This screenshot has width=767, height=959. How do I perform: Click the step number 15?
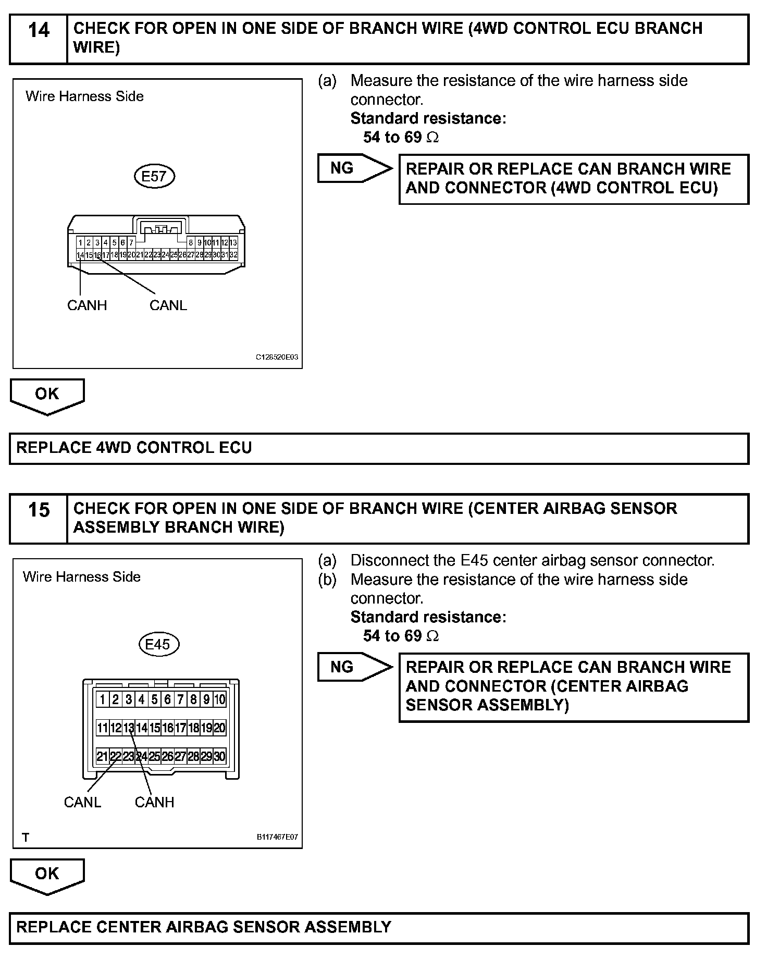pos(39,510)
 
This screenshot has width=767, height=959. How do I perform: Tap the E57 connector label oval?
pos(154,176)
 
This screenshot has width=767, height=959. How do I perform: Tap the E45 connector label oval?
pos(158,644)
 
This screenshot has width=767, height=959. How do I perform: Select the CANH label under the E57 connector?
pos(87,305)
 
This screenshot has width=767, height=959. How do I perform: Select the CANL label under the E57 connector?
pos(168,305)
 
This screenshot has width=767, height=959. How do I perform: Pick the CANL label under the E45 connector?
pos(82,802)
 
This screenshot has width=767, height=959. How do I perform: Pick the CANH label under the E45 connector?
pos(154,802)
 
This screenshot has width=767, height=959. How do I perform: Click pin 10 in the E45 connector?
pos(220,699)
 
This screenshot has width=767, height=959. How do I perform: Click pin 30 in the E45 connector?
pos(220,756)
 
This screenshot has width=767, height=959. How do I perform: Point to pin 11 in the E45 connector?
pos(103,728)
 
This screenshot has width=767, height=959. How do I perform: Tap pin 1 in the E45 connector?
pos(103,699)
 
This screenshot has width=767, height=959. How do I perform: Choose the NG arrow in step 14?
pos(354,168)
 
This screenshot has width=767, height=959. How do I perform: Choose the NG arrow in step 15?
pos(354,667)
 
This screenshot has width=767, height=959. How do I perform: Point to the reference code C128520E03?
pos(277,358)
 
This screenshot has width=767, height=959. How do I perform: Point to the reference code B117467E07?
pos(277,838)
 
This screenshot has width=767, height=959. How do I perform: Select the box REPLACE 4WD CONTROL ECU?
pos(379,448)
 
